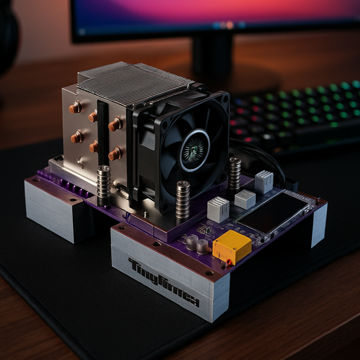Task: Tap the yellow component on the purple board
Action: tap(232, 247)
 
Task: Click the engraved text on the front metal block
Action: tap(163, 282)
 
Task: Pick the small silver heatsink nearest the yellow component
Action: tap(218, 209)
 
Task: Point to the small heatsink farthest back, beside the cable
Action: tap(263, 181)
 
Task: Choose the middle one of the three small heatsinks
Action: tap(245, 199)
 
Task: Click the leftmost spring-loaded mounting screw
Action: tap(104, 182)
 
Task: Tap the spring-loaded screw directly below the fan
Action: tap(182, 199)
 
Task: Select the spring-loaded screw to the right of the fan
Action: tap(235, 173)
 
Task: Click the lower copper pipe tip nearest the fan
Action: tap(114, 154)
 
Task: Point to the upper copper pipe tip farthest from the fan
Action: tap(75, 108)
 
